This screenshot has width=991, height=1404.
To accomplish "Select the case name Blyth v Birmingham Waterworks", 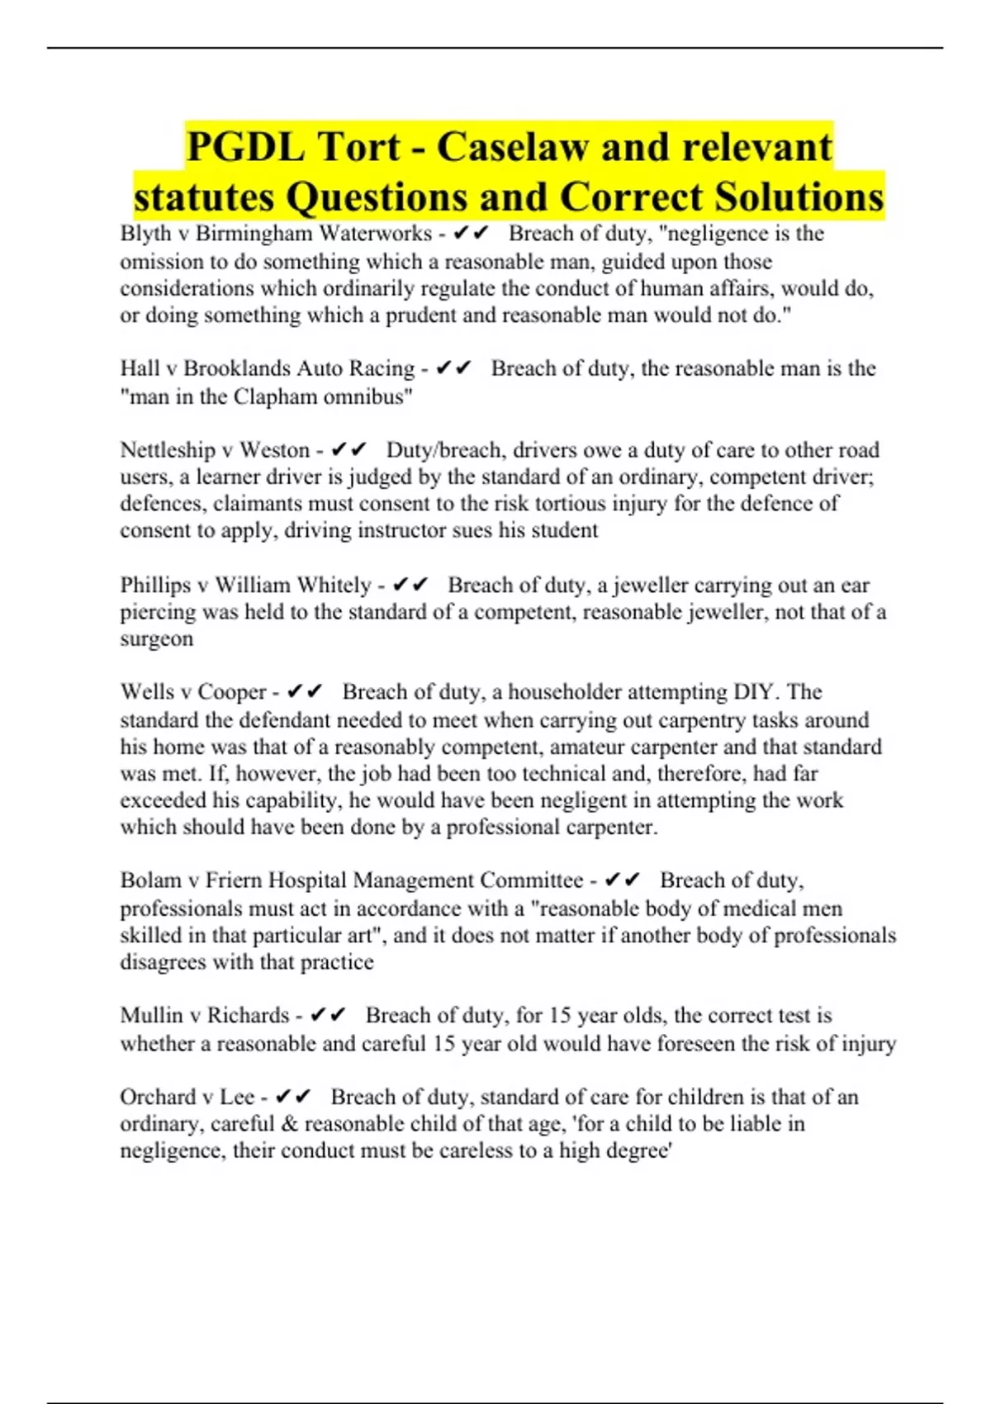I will pyautogui.click(x=276, y=234).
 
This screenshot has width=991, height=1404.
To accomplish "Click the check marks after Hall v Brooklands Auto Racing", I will pyautogui.click(x=453, y=368).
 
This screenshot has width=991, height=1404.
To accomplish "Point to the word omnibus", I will pyautogui.click(x=367, y=396).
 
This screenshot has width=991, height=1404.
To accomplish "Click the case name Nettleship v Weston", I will pyautogui.click(x=215, y=450).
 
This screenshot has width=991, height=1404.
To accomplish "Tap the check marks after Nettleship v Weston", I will pyautogui.click(x=349, y=450).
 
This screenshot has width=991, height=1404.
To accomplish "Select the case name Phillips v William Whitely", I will pyautogui.click(x=245, y=586).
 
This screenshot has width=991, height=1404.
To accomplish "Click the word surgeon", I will pyautogui.click(x=157, y=639).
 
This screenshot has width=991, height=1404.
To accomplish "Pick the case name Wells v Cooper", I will pyautogui.click(x=193, y=692).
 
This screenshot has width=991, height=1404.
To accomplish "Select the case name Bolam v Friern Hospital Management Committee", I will pyautogui.click(x=352, y=880).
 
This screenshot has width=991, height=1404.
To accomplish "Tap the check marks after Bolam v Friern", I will pyautogui.click(x=623, y=880).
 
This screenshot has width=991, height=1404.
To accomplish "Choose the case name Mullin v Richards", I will pyautogui.click(x=205, y=1016).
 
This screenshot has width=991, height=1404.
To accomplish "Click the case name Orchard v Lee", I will pyautogui.click(x=187, y=1098).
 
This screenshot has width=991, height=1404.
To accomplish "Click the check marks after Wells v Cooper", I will pyautogui.click(x=305, y=692).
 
